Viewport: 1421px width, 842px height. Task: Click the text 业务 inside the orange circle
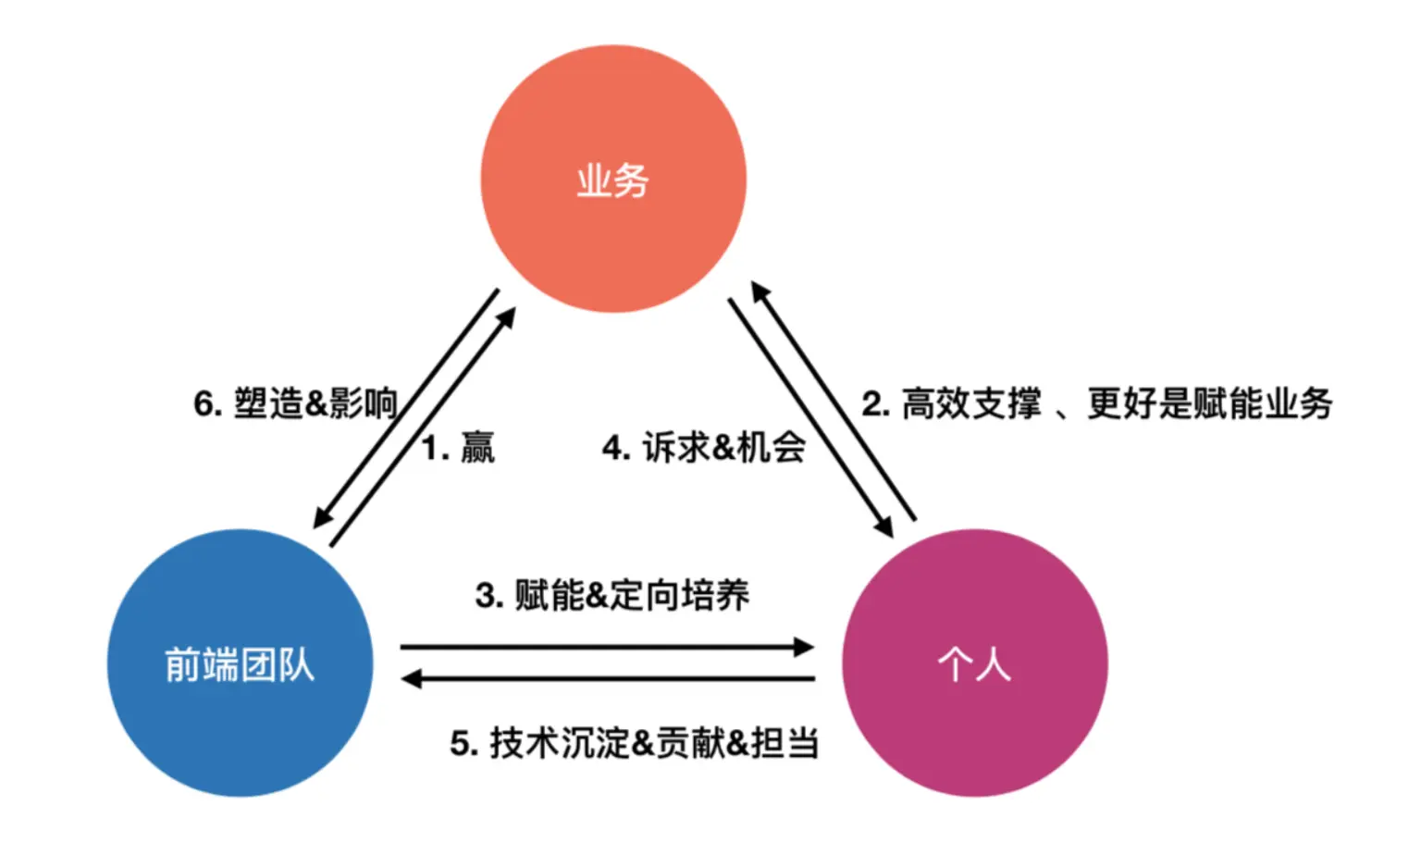(613, 180)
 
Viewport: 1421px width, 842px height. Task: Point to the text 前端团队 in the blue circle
(240, 664)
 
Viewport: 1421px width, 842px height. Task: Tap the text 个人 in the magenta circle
(974, 664)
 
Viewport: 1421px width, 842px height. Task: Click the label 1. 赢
(459, 449)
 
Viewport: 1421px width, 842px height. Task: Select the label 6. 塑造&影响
(295, 403)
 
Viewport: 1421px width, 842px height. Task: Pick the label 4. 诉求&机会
(703, 448)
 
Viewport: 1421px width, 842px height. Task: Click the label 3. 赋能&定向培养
(612, 595)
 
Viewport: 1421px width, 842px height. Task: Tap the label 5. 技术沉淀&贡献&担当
(635, 743)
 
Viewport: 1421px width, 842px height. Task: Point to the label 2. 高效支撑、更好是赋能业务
(1097, 403)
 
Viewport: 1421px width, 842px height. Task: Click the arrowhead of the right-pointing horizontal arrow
(804, 647)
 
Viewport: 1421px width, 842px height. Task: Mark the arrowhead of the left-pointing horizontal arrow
(412, 679)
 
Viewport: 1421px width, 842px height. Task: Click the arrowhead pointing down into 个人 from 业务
(883, 527)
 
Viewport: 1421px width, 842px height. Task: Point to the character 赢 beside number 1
(477, 449)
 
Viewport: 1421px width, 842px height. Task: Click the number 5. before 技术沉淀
(463, 744)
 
